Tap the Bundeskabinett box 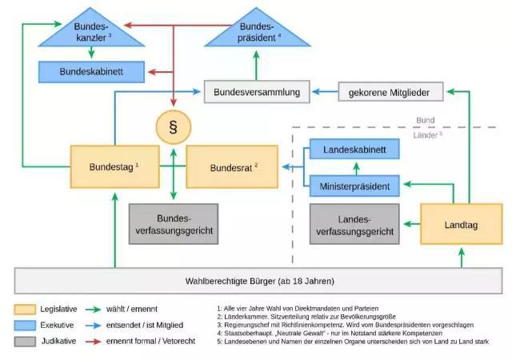(91, 72)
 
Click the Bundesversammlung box (256, 93)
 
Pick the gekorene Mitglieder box (389, 93)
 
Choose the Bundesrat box (232, 167)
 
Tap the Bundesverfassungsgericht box (174, 224)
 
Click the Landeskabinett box (354, 150)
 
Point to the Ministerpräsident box (354, 186)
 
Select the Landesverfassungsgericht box (354, 224)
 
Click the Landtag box (461, 224)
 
